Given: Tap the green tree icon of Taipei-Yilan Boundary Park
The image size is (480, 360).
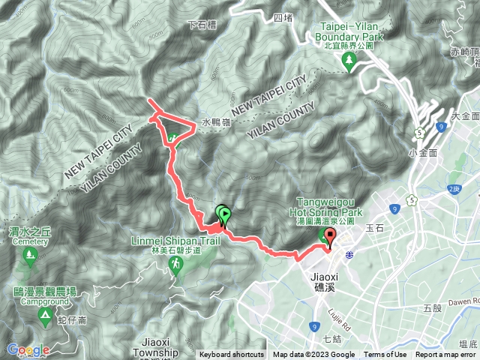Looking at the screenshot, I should point(348,61).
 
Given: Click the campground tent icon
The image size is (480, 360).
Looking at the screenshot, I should point(45,319).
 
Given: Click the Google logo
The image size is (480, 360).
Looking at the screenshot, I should point(28,349).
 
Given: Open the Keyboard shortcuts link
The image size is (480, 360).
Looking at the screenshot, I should point(232,355).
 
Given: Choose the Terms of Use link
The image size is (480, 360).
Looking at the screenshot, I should point(385,355).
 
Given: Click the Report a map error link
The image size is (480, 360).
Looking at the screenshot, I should point(447,355).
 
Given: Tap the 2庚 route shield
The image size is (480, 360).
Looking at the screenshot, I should point(452,190).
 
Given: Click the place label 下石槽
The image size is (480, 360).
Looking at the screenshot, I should point(202,24).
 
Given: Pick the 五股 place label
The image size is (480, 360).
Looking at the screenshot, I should point(432,307).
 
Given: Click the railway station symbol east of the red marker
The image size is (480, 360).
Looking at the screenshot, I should point(349,255).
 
